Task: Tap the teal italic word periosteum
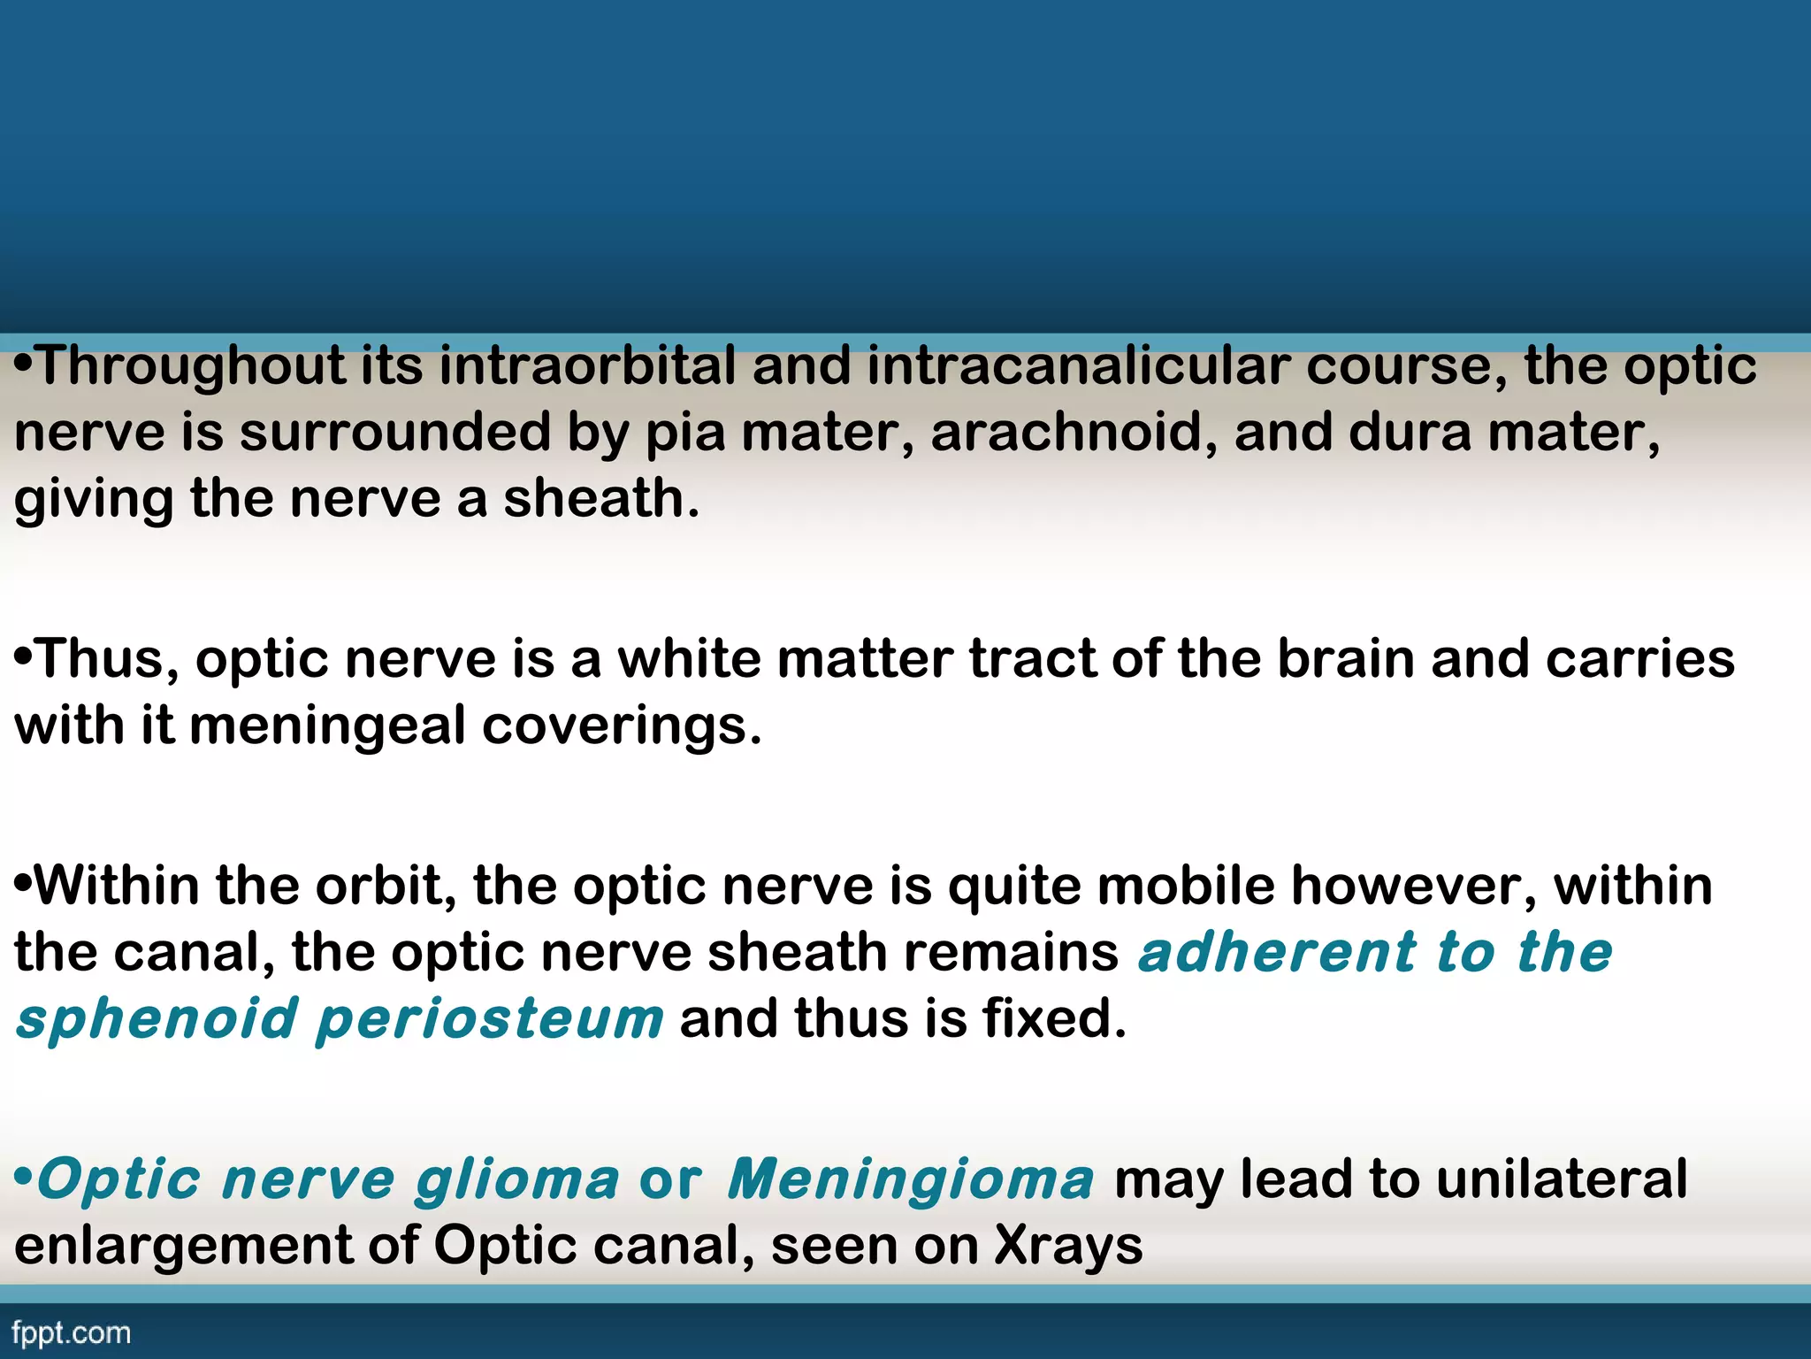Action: [x=489, y=1020]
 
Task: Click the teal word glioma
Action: [x=517, y=1181]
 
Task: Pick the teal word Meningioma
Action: [x=911, y=1179]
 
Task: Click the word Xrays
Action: [x=1068, y=1247]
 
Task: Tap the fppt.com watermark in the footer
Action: [x=72, y=1333]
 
